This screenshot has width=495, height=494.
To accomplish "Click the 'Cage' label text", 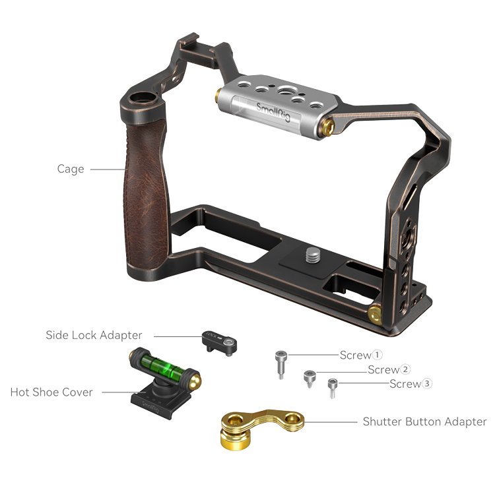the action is click(x=71, y=169).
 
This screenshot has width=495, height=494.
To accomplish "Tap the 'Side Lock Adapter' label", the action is click(x=94, y=335).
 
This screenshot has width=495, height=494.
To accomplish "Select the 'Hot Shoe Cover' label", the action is click(x=51, y=392).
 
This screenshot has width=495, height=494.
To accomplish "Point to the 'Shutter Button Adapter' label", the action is click(x=424, y=421).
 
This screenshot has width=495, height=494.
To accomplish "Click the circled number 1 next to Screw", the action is click(x=377, y=355).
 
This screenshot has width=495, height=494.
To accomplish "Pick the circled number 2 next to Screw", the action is click(x=405, y=369).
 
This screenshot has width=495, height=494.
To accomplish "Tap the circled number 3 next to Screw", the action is click(x=427, y=384).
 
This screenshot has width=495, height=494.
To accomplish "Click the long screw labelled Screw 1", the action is click(x=280, y=364).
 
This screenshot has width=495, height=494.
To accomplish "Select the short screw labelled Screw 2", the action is click(x=310, y=379).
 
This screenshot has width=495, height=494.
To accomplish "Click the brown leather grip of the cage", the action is click(x=146, y=195).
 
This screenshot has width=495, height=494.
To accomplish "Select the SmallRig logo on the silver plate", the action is click(x=273, y=112).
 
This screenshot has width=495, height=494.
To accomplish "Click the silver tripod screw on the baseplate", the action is click(x=313, y=255).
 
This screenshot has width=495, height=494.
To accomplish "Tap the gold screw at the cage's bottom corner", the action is click(x=375, y=315).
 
